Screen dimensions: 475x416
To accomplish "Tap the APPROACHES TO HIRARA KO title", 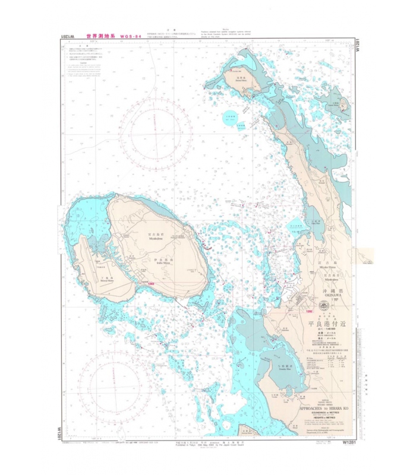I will click(x=323, y=410).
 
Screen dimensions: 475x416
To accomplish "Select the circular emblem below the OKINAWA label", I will click(x=324, y=306).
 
